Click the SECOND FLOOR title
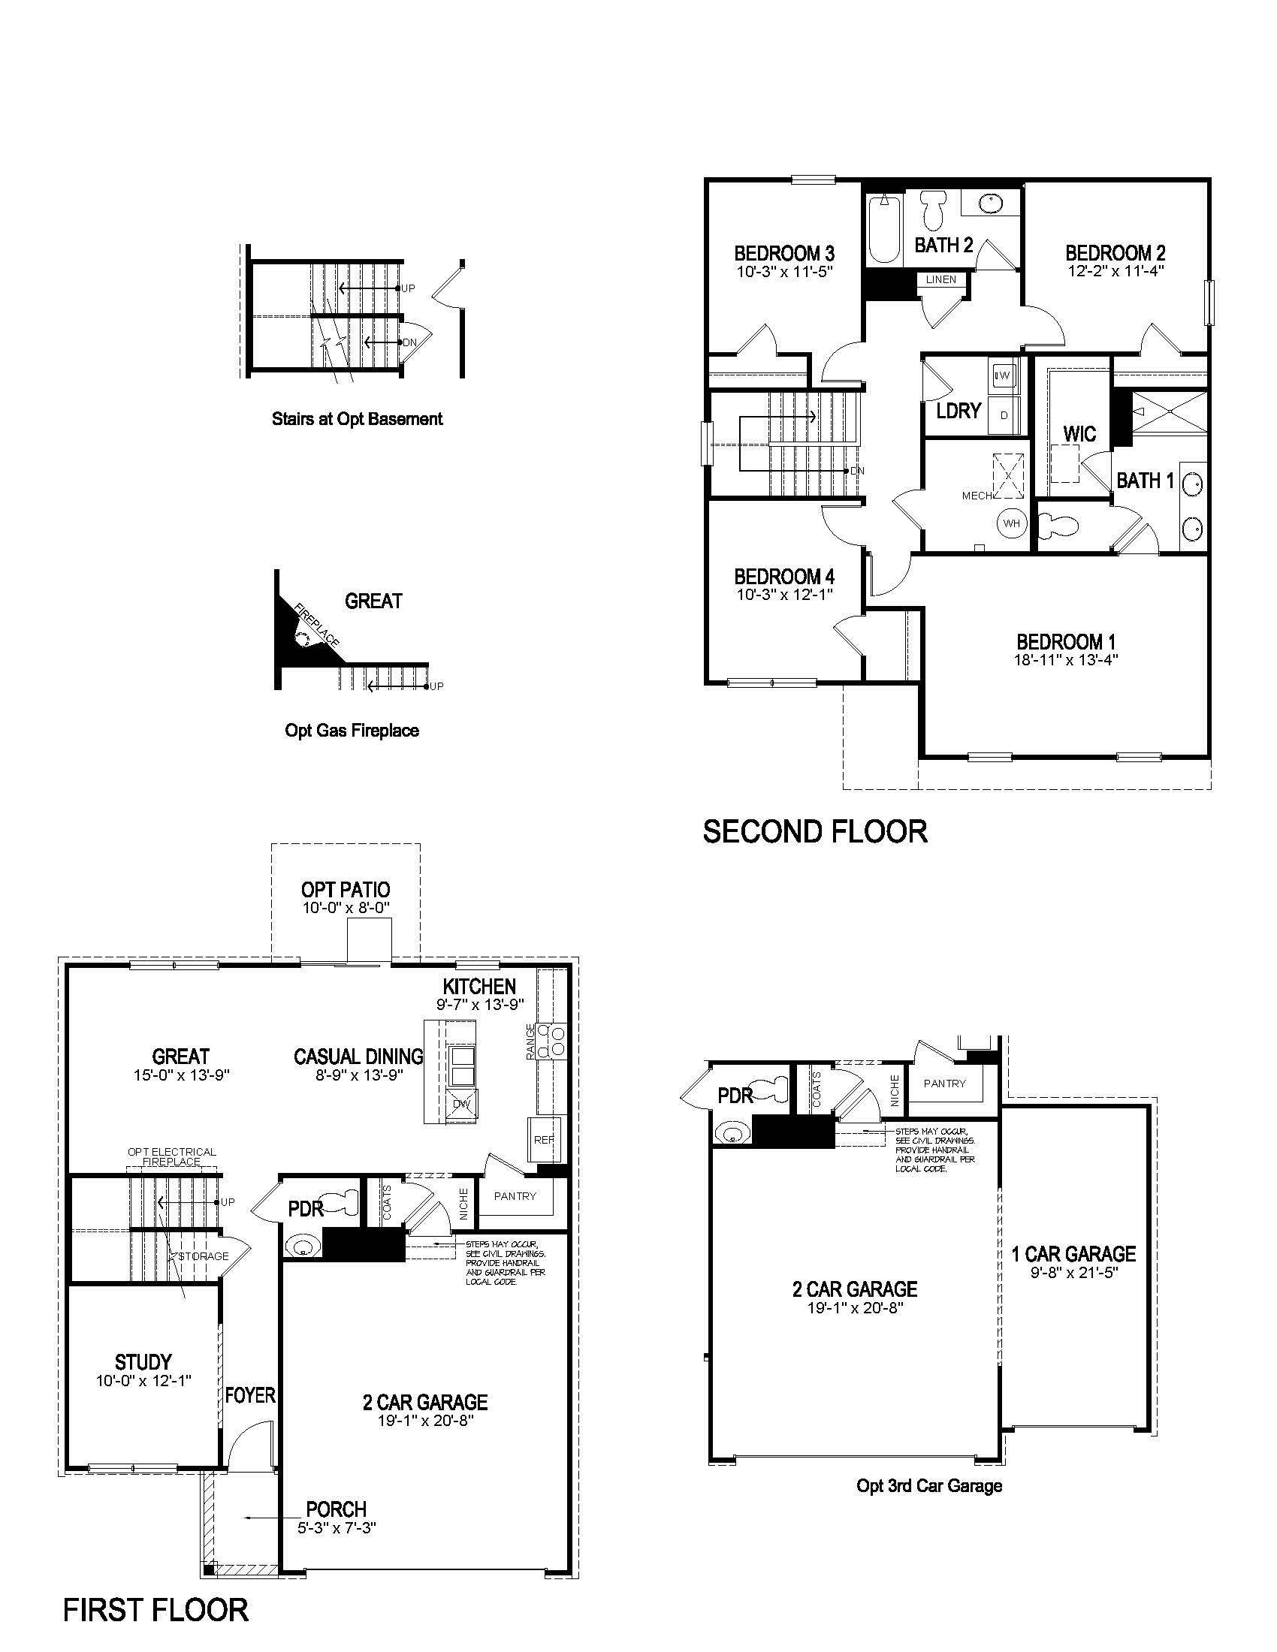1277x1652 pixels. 815,831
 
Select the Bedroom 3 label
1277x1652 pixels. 784,252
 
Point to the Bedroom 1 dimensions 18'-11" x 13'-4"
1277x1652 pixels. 1066,659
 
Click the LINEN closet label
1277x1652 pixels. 941,279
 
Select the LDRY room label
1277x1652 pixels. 959,411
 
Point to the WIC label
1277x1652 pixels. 1079,434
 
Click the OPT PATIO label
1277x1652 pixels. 346,890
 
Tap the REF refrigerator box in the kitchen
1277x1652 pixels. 544,1139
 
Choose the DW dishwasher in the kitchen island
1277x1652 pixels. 461,1104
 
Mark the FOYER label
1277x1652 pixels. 249,1395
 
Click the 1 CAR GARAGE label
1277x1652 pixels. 1073,1254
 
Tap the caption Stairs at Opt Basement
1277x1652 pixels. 357,418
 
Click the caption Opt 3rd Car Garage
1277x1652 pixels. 929,1485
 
